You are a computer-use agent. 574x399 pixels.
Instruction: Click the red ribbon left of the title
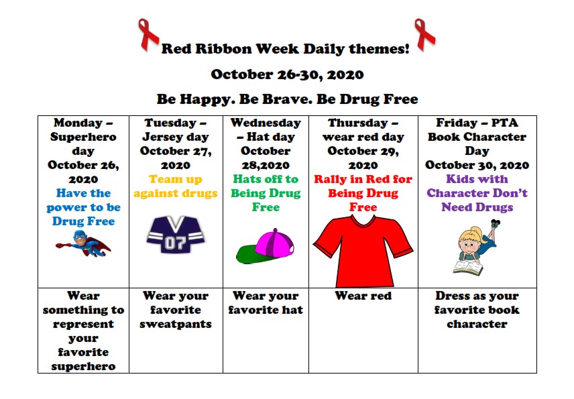click(x=148, y=34)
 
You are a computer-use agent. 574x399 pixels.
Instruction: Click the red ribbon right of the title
click(x=424, y=33)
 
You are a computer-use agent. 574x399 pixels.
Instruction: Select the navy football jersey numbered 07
click(x=176, y=234)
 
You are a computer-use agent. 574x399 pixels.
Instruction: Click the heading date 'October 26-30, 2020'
click(x=287, y=74)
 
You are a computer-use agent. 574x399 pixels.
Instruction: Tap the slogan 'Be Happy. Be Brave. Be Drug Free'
click(x=287, y=99)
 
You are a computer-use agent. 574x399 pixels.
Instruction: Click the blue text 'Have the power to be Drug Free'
click(x=84, y=207)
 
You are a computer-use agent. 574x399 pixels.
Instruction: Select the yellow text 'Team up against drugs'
click(x=176, y=186)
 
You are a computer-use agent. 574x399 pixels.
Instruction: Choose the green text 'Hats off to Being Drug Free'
click(x=265, y=193)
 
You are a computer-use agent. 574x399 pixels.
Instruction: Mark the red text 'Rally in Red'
click(x=363, y=180)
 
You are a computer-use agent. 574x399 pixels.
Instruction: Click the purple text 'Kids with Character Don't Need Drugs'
click(x=477, y=193)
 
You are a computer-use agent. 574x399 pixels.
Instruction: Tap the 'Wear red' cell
click(x=363, y=296)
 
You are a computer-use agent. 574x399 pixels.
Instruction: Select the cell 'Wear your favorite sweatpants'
click(x=176, y=310)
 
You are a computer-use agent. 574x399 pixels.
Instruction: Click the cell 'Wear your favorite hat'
click(x=265, y=303)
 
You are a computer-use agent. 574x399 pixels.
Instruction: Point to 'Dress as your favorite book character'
click(x=477, y=310)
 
